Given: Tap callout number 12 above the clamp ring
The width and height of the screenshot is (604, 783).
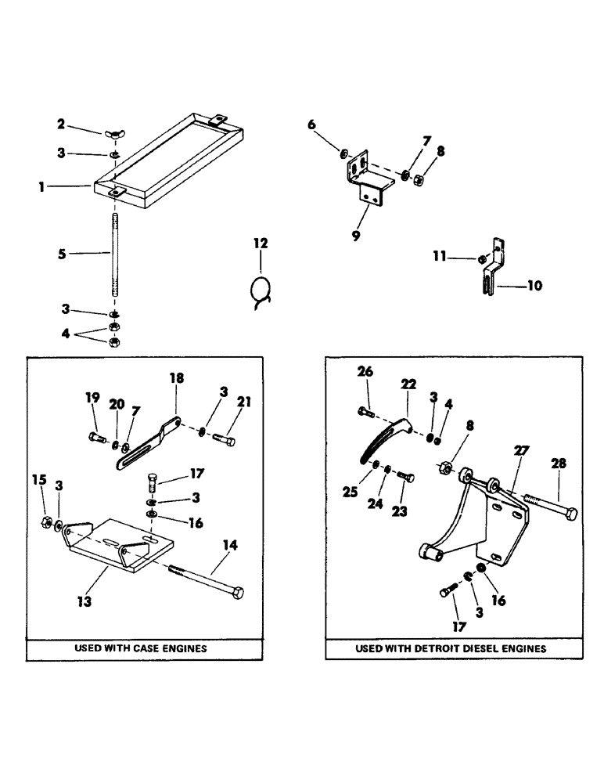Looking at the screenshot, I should click(261, 244).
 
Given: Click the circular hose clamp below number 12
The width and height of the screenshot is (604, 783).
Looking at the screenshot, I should click(261, 291).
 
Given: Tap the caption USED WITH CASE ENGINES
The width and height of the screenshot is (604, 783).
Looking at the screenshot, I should click(140, 648).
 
